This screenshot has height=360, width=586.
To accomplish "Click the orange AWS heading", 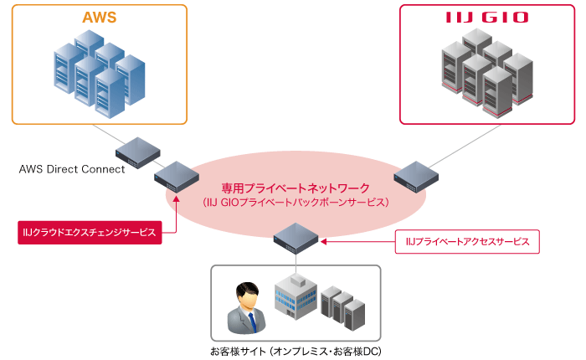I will coord(99,18).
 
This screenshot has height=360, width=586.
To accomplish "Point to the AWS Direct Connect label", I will coord(72,169).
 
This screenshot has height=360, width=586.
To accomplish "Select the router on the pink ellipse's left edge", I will coord(176,177).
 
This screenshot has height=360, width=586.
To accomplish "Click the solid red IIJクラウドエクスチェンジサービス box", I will coord(89,232).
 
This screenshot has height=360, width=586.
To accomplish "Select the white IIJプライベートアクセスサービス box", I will coord(467,242).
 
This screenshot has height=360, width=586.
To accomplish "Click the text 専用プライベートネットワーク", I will coord(296,188).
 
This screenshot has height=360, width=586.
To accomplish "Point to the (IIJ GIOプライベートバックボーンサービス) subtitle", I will coord(296,203).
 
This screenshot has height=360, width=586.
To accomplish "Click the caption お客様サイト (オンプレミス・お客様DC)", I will coord(296,351).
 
